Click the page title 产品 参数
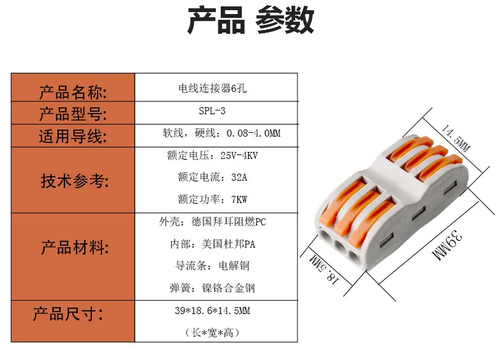(x=251, y=20)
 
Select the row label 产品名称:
(x=73, y=93)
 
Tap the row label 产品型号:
(x=73, y=114)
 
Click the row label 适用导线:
(x=73, y=137)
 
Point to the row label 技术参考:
(x=75, y=181)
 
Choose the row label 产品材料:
(x=75, y=248)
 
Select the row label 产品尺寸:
(x=68, y=313)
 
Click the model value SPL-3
(x=212, y=111)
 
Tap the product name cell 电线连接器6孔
(x=212, y=88)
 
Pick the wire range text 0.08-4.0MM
(x=254, y=133)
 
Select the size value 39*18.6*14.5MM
(x=212, y=311)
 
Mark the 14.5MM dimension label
(x=456, y=138)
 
